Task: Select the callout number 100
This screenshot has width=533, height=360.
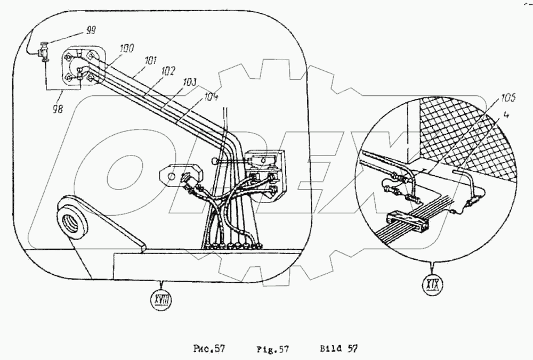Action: [127, 48]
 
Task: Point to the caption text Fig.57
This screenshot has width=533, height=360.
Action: [276, 349]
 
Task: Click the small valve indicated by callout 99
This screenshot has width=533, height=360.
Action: [42, 53]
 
